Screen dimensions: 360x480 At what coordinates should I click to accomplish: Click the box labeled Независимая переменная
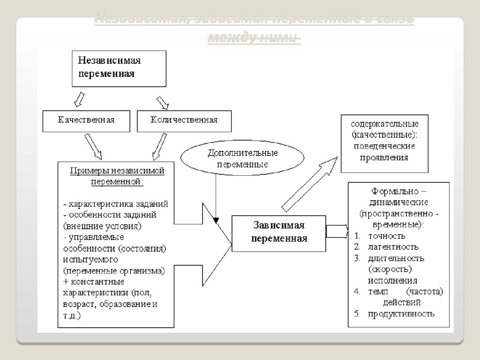[119, 68]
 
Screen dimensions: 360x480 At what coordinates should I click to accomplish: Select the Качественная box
[86, 120]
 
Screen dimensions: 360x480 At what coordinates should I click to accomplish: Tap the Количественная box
[184, 120]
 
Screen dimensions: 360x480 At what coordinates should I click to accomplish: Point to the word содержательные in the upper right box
[384, 124]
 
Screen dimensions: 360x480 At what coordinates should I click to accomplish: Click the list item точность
[387, 236]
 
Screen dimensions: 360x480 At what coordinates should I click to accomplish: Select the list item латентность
[393, 247]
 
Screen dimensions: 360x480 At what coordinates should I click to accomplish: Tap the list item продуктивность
[401, 314]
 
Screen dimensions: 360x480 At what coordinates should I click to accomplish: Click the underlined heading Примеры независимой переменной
[117, 176]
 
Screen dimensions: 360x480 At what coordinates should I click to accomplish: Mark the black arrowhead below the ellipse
[215, 219]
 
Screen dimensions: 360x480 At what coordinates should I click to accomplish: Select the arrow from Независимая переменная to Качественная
[78, 99]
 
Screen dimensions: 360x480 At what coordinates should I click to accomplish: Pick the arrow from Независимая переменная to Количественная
[163, 102]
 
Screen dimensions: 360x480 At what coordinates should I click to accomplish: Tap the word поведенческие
[384, 146]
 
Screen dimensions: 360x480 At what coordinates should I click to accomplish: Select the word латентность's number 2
[357, 247]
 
